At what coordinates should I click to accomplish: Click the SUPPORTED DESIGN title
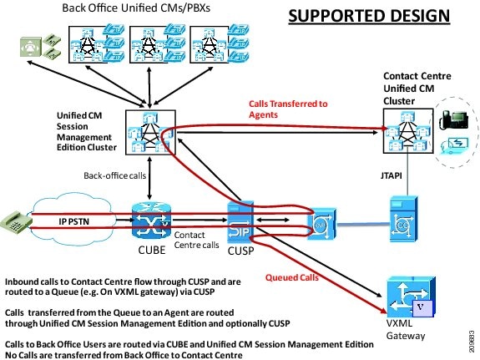click(369, 16)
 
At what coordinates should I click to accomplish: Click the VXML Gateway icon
click(410, 297)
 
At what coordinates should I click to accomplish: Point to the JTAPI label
click(392, 175)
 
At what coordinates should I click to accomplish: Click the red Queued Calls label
click(291, 277)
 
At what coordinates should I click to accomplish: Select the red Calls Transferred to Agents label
click(288, 109)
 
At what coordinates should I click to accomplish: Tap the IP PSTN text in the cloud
click(73, 221)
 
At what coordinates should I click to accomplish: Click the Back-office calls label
click(115, 175)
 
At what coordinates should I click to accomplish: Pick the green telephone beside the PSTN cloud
click(17, 222)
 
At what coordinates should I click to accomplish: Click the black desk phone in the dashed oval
click(453, 120)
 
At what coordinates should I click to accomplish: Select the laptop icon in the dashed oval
click(455, 146)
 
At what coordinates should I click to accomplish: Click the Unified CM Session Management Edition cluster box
click(150, 132)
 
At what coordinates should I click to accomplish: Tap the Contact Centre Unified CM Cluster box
click(408, 131)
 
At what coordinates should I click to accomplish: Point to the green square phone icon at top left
click(31, 47)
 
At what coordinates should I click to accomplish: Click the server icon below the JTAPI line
click(403, 219)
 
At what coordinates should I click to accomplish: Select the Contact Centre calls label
click(196, 240)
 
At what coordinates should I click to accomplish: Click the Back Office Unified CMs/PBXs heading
click(136, 8)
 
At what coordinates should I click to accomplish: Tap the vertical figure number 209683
click(472, 341)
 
